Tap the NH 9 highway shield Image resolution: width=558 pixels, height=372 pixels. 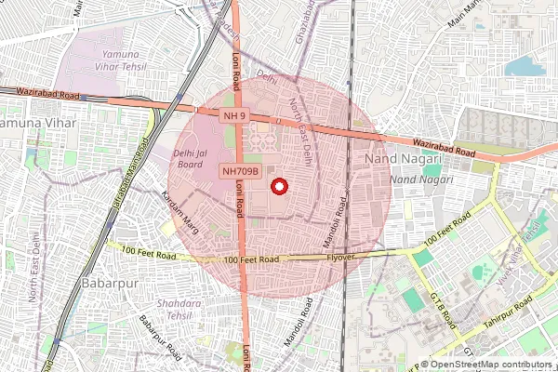click(x=234, y=115)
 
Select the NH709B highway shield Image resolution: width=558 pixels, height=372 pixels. click(x=239, y=171)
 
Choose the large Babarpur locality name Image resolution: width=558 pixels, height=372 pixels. click(x=110, y=281)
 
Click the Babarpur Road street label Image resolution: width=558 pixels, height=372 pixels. click(x=159, y=336)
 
